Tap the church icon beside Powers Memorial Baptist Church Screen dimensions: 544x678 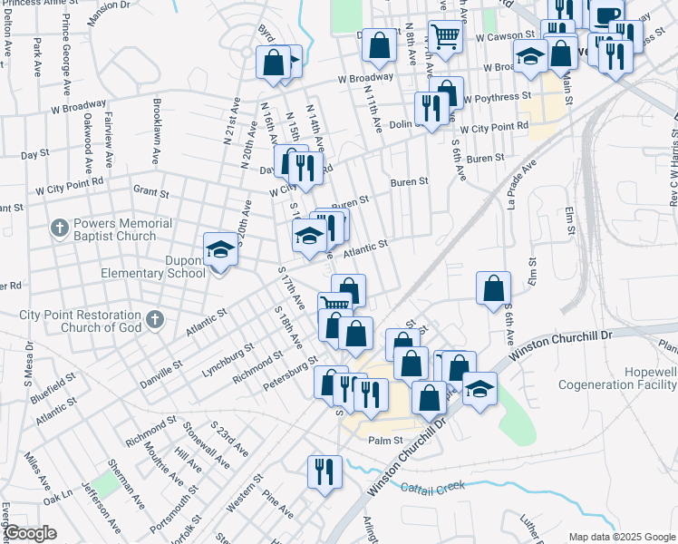pyautogui.click(x=60, y=228)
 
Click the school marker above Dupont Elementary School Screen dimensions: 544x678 pyautogui.click(x=220, y=248)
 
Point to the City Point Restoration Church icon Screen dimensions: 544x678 pyautogui.click(x=154, y=318)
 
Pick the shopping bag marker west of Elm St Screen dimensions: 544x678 pyautogui.click(x=492, y=288)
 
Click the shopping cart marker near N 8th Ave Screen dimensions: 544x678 pyautogui.click(x=444, y=37)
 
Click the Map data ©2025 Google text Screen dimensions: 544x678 pyautogui.click(x=620, y=536)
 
